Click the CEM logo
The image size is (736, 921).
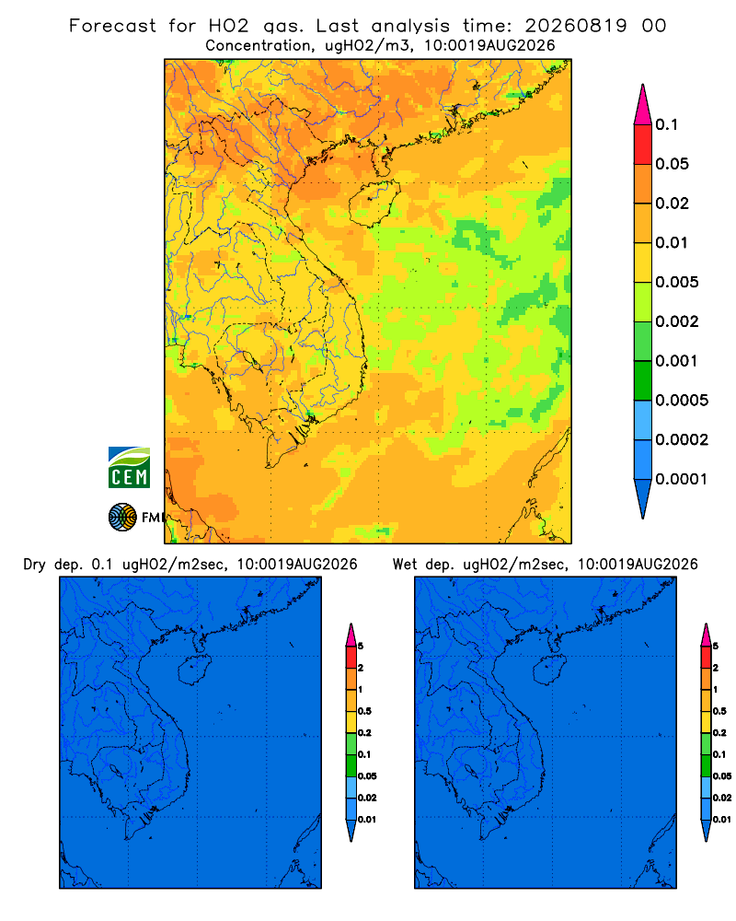pyautogui.click(x=129, y=468)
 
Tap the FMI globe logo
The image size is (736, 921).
pyautogui.click(x=122, y=517)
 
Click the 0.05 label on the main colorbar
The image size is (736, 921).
pyautogui.click(x=672, y=164)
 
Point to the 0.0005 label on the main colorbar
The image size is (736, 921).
pyautogui.click(x=682, y=401)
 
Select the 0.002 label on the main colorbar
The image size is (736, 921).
pyautogui.click(x=677, y=321)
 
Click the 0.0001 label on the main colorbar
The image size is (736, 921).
pyautogui.click(x=682, y=479)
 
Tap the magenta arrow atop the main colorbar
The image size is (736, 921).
pyautogui.click(x=643, y=105)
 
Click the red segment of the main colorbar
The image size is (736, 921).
pyautogui.click(x=643, y=145)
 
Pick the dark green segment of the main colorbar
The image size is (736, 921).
pyautogui.click(x=643, y=380)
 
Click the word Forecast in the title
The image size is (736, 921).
pyautogui.click(x=112, y=26)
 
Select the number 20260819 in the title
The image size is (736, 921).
pyautogui.click(x=576, y=26)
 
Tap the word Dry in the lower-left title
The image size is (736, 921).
pyautogui.click(x=34, y=565)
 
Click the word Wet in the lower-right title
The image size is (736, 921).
pyautogui.click(x=405, y=565)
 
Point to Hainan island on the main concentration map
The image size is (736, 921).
pyautogui.click(x=374, y=204)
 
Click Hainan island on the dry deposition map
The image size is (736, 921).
pyautogui.click(x=194, y=670)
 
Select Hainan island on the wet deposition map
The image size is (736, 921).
pyautogui.click(x=550, y=670)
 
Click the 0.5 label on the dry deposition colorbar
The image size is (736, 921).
pyautogui.click(x=364, y=711)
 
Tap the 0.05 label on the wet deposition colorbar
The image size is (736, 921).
pyautogui.click(x=722, y=776)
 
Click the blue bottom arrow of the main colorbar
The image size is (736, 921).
pyautogui.click(x=643, y=498)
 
